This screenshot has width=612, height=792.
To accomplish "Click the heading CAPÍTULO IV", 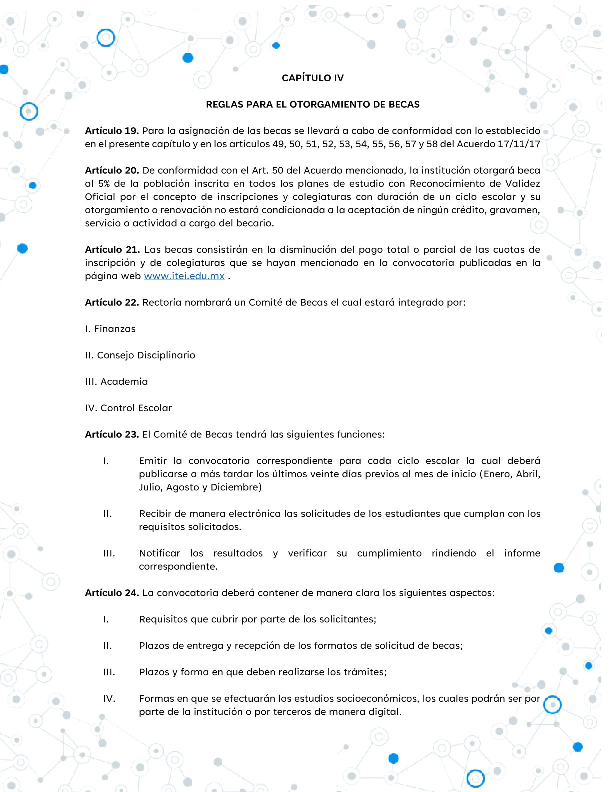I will [x=313, y=78].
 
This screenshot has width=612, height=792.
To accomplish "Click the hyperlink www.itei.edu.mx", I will [x=184, y=276].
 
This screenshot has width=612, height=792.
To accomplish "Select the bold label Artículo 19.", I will [x=112, y=131].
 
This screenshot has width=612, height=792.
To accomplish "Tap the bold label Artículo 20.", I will [x=112, y=170].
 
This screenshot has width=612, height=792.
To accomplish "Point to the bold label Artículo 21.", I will [x=112, y=249].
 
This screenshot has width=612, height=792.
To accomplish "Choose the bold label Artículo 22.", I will [x=112, y=302].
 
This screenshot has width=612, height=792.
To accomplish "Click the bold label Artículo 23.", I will [x=112, y=434].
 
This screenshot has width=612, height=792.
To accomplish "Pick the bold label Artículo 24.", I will [x=112, y=593].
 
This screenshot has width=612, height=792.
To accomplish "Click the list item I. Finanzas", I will [x=110, y=329].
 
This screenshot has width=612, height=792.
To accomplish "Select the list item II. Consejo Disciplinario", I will [x=140, y=355].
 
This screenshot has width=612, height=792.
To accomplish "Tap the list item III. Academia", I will [x=116, y=382].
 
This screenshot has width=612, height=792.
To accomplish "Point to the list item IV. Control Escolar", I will [x=128, y=408].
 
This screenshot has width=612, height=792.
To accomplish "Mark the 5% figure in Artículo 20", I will [x=104, y=184].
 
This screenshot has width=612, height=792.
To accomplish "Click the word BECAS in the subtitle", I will [x=403, y=104].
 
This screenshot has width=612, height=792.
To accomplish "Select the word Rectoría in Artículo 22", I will [x=162, y=302].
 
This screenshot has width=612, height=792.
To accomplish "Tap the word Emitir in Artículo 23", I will [x=153, y=461].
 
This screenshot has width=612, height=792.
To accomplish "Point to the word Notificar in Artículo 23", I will [x=159, y=553].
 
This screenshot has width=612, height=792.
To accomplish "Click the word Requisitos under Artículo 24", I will [x=163, y=619].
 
